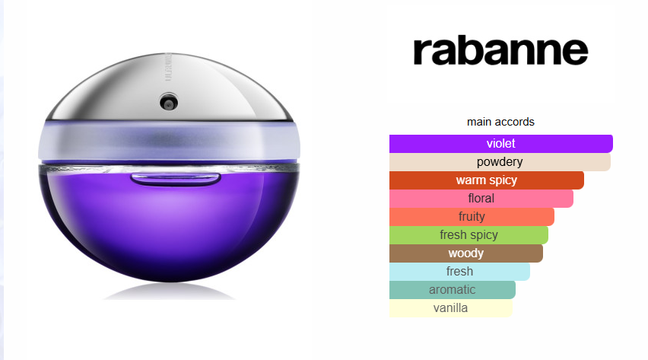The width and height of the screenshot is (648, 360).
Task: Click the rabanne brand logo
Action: (x=500, y=51)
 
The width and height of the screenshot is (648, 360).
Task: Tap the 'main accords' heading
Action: (x=500, y=122)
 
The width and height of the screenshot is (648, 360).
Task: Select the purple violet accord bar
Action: (x=501, y=144)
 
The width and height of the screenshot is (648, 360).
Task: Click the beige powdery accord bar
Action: (x=500, y=162)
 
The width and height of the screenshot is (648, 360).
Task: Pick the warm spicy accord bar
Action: (x=487, y=180)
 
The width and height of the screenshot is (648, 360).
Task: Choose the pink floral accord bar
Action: (x=481, y=198)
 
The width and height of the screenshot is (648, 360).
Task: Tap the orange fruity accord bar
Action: (x=472, y=216)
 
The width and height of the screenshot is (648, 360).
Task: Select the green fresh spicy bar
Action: (x=469, y=234)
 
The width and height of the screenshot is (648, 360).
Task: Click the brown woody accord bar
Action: (x=465, y=253)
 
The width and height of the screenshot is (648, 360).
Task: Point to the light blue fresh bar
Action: (x=459, y=271)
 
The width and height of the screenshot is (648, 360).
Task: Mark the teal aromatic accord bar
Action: (x=452, y=289)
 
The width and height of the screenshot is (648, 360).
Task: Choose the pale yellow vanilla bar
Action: (x=450, y=307)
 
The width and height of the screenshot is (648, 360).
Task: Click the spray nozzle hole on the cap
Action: (x=169, y=102)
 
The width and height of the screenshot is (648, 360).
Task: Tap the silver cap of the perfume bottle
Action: (x=170, y=88)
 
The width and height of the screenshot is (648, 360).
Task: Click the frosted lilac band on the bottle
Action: (x=169, y=142)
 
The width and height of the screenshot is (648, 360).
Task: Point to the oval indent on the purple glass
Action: (x=175, y=179)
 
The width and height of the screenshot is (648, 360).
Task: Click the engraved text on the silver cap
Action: (x=168, y=67)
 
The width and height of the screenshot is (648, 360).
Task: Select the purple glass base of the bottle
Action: (x=169, y=224)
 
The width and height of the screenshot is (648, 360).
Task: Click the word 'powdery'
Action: (x=500, y=162)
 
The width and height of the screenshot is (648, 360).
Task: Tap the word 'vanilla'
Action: (x=450, y=307)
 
